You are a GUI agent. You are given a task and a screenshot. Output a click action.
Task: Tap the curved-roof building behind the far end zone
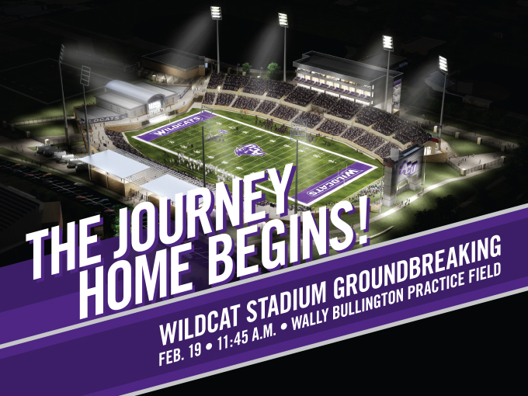(x=132, y=96)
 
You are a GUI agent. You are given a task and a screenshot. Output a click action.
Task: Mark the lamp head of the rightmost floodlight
(x=443, y=63)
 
